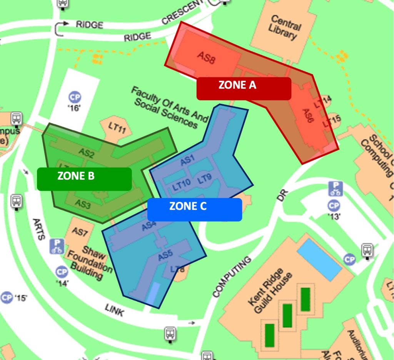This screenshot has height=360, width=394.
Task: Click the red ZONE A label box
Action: [244, 88]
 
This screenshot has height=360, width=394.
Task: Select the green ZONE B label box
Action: [84, 178]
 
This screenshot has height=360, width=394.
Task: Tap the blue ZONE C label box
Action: [194, 209]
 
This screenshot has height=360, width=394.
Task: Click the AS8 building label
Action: [206, 58]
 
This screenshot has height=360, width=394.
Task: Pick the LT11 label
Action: [117, 128]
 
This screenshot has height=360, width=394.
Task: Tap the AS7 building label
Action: [80, 232]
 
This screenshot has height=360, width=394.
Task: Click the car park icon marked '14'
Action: [62, 272]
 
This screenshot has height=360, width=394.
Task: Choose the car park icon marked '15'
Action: [7, 297]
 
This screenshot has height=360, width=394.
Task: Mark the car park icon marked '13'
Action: [334, 206]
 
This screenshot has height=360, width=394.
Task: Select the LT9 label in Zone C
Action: [205, 178]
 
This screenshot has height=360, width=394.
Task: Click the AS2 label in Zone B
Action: [86, 153]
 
